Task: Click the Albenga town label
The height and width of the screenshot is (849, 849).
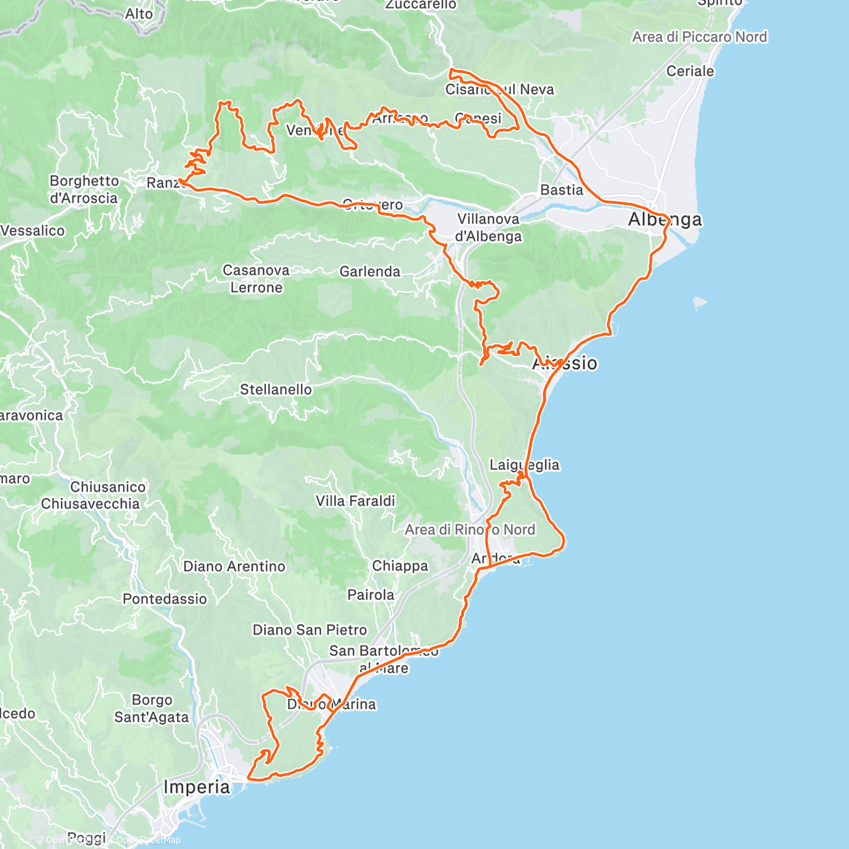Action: point(665,220)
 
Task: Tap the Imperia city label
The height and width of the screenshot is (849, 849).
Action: point(197,787)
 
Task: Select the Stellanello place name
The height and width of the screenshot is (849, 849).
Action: point(276,390)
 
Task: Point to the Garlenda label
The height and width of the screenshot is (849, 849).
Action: point(370,272)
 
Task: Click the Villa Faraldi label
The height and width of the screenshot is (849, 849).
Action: point(355,501)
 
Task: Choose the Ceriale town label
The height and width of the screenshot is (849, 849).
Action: point(690,71)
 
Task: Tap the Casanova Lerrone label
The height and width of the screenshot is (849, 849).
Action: point(256,279)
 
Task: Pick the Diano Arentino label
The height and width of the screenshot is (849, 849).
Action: point(234,567)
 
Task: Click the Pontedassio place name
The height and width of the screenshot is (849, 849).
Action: point(165,599)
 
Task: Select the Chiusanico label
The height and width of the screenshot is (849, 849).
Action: point(108,487)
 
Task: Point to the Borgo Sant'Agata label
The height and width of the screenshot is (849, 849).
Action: point(151,709)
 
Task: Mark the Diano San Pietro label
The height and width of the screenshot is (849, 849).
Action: point(310,630)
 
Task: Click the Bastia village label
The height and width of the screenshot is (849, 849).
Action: point(562,190)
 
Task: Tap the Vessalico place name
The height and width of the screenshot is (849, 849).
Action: point(33,231)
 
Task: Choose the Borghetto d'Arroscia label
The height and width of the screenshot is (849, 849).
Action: point(83,190)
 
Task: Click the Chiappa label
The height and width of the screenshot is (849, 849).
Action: point(400,566)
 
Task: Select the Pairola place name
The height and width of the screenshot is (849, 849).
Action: point(371,595)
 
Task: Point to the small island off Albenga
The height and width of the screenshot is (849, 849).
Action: point(698,302)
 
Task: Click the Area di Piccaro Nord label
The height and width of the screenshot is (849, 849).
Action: point(699,37)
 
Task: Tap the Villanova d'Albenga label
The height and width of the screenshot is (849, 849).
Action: point(489,228)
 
